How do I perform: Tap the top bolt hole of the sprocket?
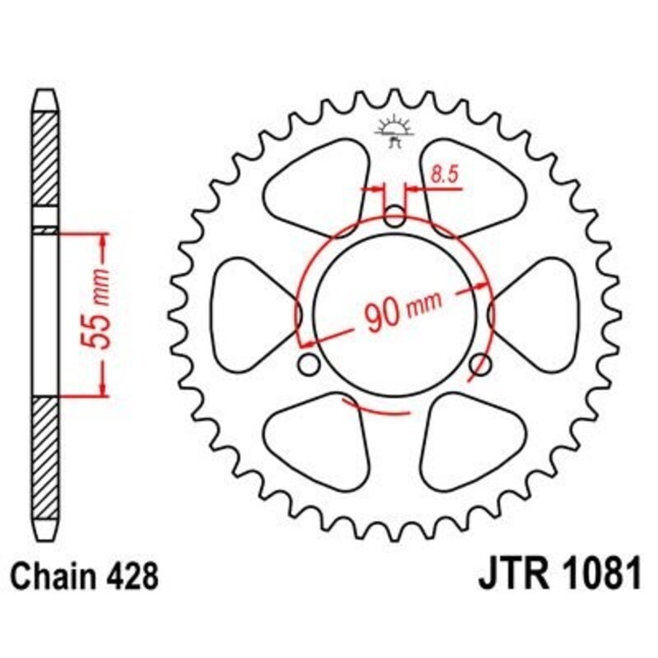coord(395,219)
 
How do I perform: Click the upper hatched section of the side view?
coord(46,169)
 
